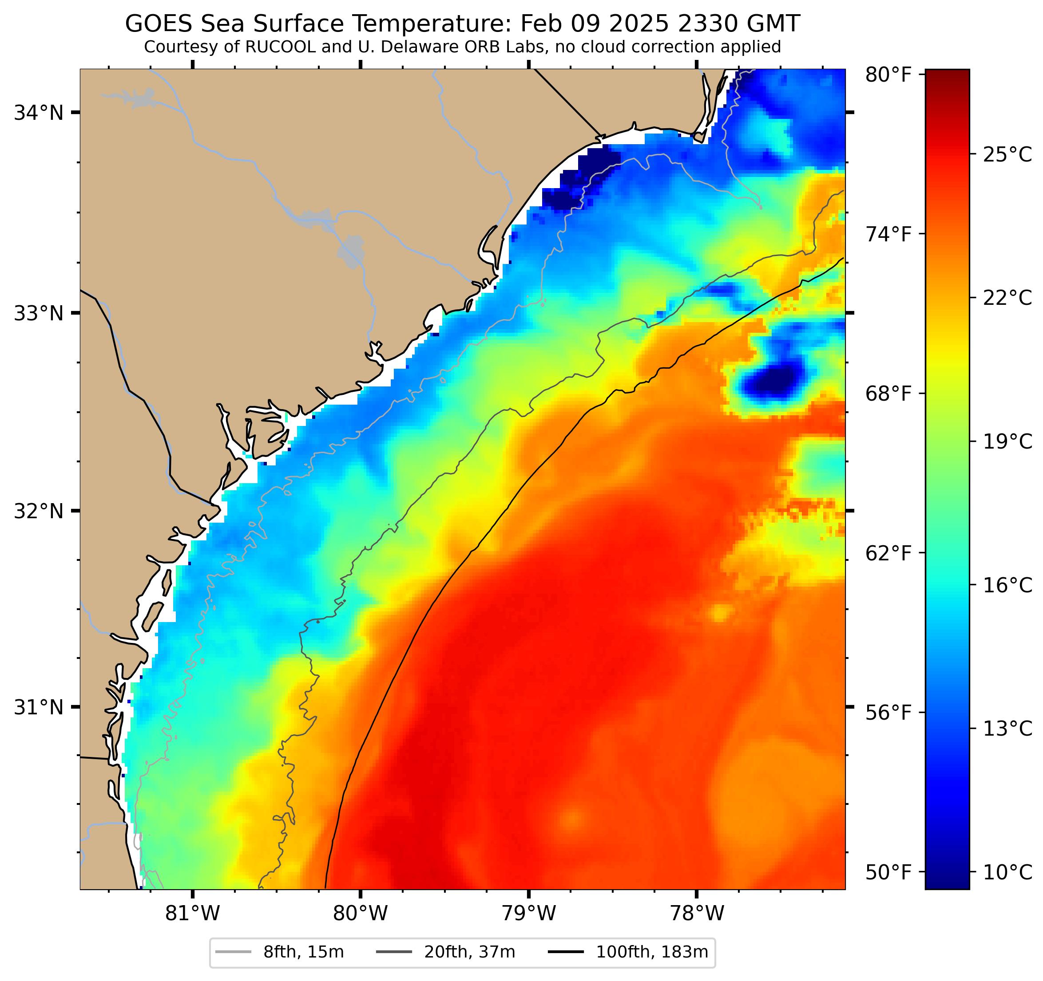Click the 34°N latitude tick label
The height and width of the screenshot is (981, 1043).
coord(38,113)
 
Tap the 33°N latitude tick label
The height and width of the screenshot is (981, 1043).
coord(38,314)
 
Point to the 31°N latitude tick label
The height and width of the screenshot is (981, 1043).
coord(38,707)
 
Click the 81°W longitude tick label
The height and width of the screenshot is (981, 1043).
coord(193,914)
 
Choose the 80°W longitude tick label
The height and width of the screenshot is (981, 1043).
coord(361,914)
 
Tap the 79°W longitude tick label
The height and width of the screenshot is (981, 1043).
coord(528,914)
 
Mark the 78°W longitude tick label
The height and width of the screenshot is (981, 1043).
coord(697,914)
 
